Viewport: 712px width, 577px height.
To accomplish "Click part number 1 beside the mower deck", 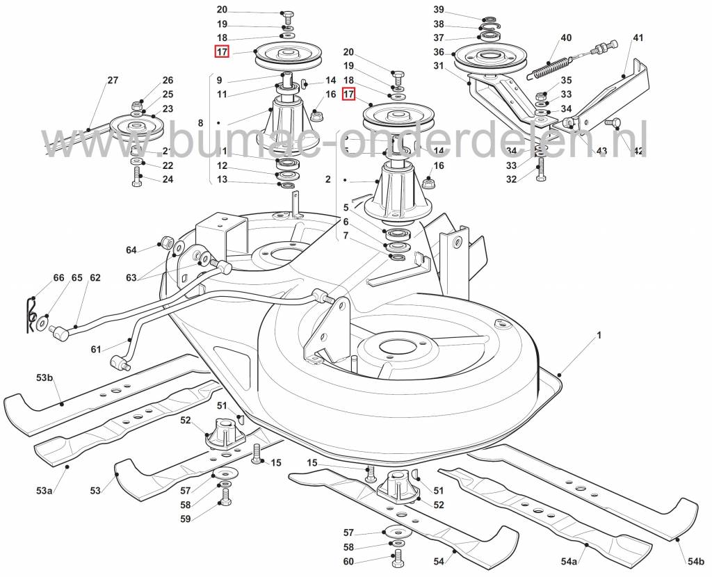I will pos(597,335).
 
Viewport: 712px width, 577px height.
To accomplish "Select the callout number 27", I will pos(113,81).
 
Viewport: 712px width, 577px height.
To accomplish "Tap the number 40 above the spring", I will pos(566,38).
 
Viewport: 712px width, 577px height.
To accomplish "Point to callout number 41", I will pos(638,38).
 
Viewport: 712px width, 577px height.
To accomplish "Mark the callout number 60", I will pos(348,561).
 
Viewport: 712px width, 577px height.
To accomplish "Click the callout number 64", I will pos(131,250).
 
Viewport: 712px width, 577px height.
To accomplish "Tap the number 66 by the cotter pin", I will pos(58,278).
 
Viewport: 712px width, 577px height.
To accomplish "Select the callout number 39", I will pos(458,10).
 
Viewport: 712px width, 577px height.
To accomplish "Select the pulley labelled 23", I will pos(136,129).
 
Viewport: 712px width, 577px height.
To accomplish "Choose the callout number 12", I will pos(222,165).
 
